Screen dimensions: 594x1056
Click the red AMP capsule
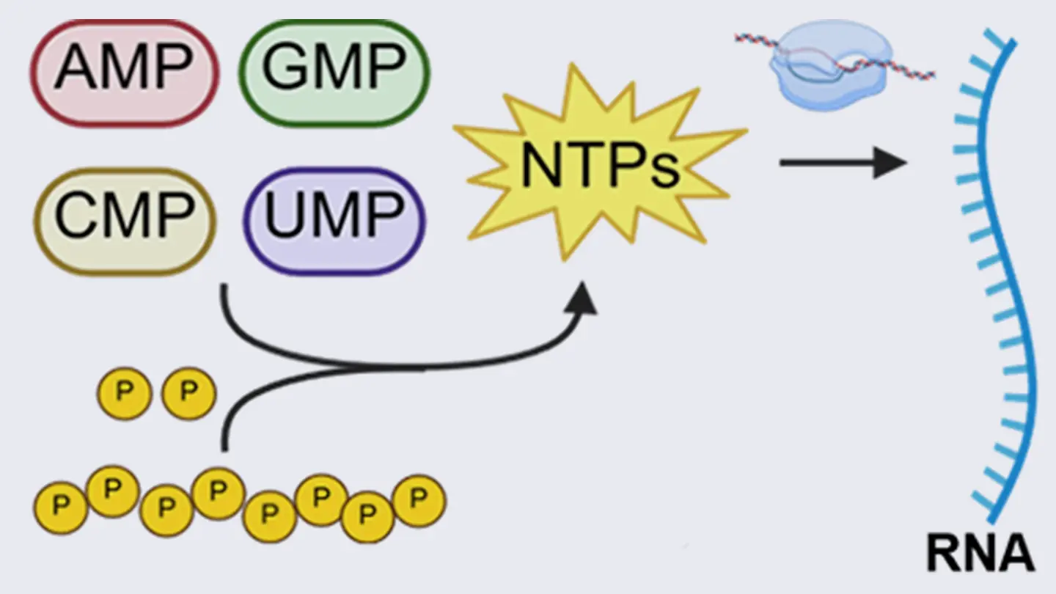(x=125, y=72)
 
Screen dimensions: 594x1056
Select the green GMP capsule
(x=334, y=70)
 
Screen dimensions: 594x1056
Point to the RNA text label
(x=980, y=553)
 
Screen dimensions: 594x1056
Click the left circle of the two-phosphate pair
(x=124, y=394)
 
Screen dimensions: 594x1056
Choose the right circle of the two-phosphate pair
(x=188, y=394)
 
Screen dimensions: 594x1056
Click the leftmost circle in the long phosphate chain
(x=61, y=507)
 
